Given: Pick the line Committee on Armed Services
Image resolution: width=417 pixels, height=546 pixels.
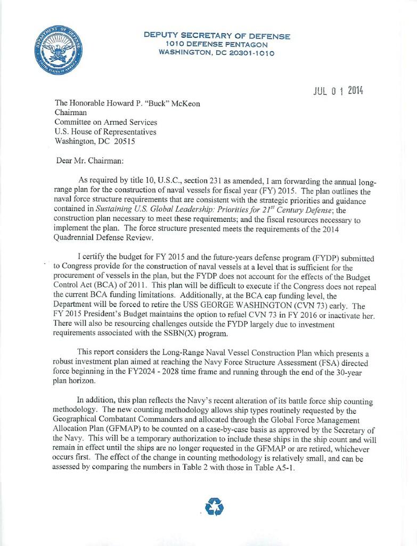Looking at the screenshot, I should tap(107, 123).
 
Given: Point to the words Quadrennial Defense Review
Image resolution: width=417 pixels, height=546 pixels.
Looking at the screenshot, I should tap(103, 238).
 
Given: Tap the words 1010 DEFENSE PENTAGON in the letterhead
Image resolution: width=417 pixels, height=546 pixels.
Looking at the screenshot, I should tap(217, 44).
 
